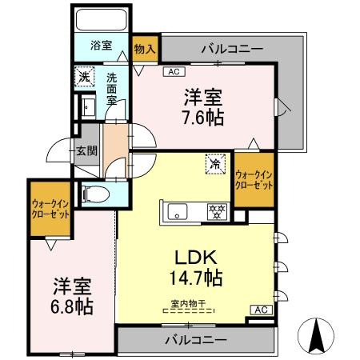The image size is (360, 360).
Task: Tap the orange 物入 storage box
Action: pyautogui.click(x=145, y=48)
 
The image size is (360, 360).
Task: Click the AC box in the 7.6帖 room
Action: pyautogui.click(x=174, y=72)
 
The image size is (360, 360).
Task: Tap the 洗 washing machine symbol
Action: pyautogui.click(x=85, y=78)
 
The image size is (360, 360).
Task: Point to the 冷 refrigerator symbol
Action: pyautogui.click(x=214, y=162)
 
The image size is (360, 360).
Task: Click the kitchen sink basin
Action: pyautogui.click(x=176, y=211)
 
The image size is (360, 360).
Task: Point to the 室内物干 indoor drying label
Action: pyautogui.click(x=188, y=303)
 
